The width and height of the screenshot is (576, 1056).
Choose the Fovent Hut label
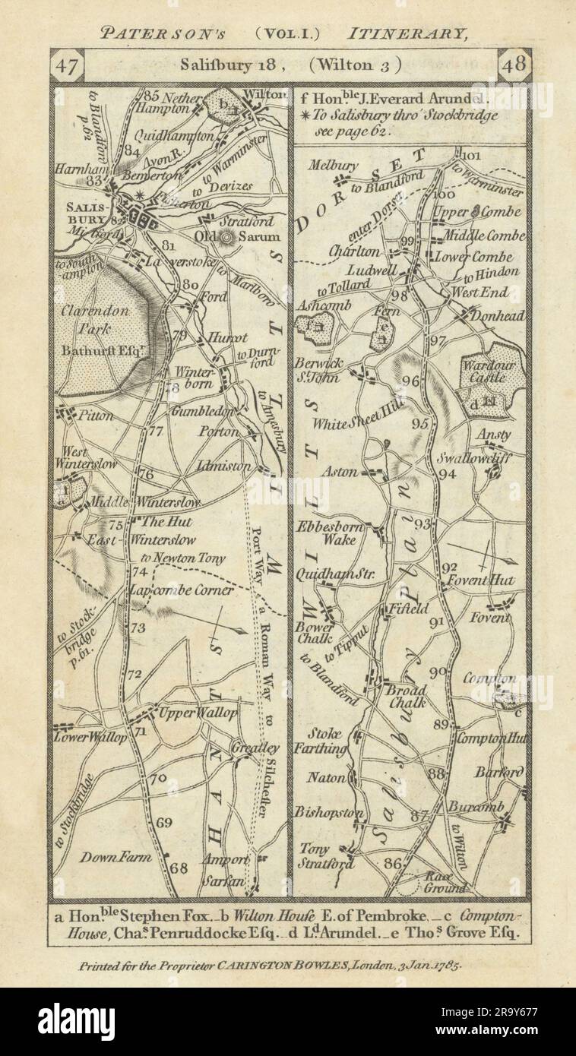(488, 580)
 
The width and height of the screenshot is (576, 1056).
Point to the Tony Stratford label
(325, 856)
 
